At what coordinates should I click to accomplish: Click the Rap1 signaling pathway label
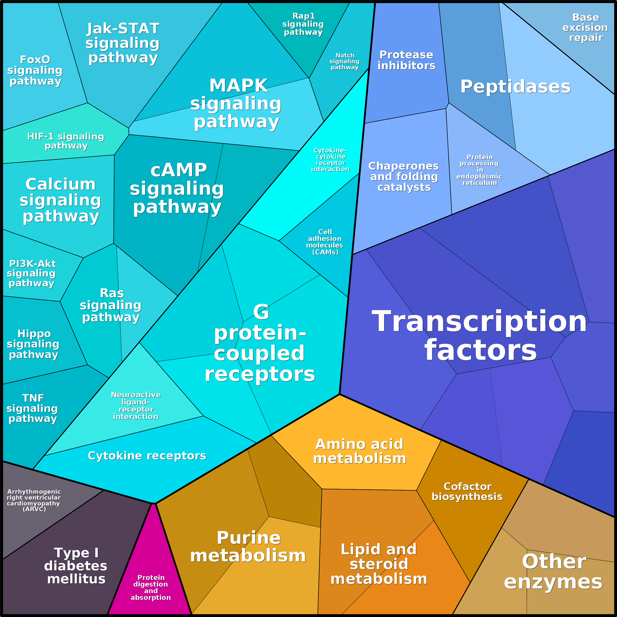tap(303, 24)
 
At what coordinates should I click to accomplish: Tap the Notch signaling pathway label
tap(345, 61)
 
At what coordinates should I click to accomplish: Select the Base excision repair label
tap(585, 28)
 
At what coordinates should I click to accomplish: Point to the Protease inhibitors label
tap(406, 60)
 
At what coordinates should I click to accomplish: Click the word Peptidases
tap(515, 86)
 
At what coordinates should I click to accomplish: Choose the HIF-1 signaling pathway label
tap(66, 141)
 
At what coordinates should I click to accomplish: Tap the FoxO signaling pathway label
tap(35, 70)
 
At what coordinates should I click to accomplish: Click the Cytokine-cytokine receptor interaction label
tap(330, 160)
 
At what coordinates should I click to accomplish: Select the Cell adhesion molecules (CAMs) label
tap(325, 242)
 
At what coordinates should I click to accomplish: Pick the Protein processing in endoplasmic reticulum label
tap(479, 170)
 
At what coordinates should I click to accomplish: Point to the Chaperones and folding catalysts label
tap(404, 176)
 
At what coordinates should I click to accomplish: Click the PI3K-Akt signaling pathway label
tap(32, 273)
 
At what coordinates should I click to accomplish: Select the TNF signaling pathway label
tap(32, 408)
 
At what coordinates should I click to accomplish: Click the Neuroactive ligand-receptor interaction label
tap(136, 406)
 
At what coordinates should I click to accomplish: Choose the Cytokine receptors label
tap(147, 456)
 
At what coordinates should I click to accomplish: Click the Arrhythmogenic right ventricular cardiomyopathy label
tap(34, 500)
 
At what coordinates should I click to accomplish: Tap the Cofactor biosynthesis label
tap(467, 491)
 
